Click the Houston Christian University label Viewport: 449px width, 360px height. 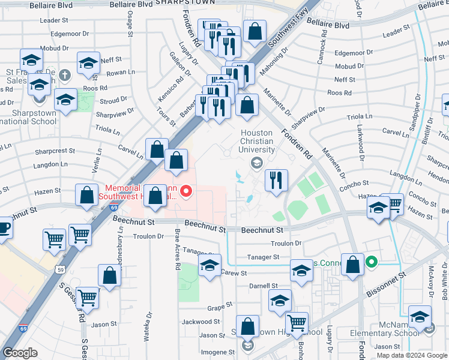(257, 141)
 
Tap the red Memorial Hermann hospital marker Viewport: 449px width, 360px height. (186, 192)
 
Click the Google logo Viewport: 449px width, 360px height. (20, 352)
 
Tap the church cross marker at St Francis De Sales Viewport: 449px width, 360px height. (65, 76)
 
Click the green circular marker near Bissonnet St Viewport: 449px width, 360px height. (372, 262)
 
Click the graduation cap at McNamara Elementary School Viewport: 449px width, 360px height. (420, 317)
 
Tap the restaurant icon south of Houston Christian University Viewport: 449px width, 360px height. (276, 181)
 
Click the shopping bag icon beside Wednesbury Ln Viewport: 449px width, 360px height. (110, 275)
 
